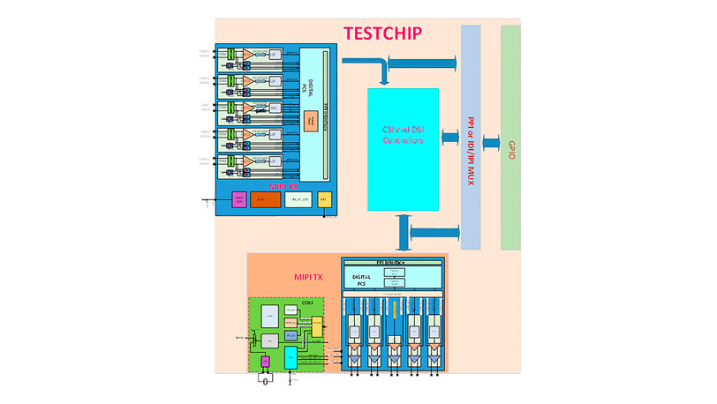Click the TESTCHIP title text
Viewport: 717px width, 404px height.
(382, 34)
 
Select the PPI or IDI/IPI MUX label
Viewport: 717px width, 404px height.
(471, 137)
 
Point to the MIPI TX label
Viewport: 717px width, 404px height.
(308, 277)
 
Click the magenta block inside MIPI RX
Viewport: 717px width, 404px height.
(238, 200)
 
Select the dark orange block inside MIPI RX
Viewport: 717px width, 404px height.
(265, 200)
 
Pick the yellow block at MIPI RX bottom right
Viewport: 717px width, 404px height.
(325, 200)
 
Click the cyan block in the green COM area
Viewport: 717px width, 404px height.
(291, 358)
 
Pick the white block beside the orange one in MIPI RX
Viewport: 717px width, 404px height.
(298, 200)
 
